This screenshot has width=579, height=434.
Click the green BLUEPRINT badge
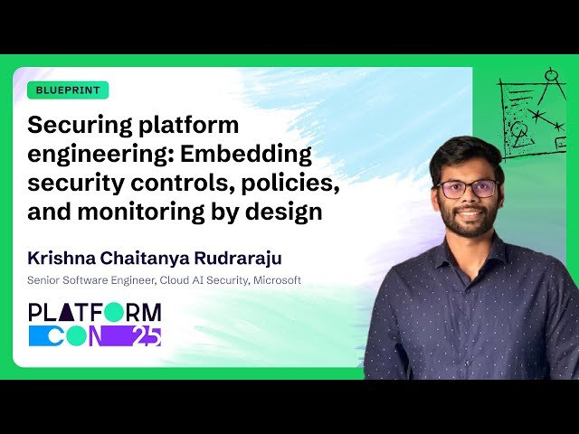pos(68,90)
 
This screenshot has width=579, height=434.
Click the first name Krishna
pos(61,259)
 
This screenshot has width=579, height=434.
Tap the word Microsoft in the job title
pos(277,280)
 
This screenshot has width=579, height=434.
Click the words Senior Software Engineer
pos(90,280)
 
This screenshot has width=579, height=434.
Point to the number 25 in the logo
pos(147,336)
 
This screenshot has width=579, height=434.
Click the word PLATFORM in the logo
pos(95,313)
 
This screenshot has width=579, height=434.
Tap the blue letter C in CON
pos(41,336)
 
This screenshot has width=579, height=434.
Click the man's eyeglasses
pos(467,189)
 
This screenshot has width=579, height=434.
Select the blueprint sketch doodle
pos(534,113)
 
